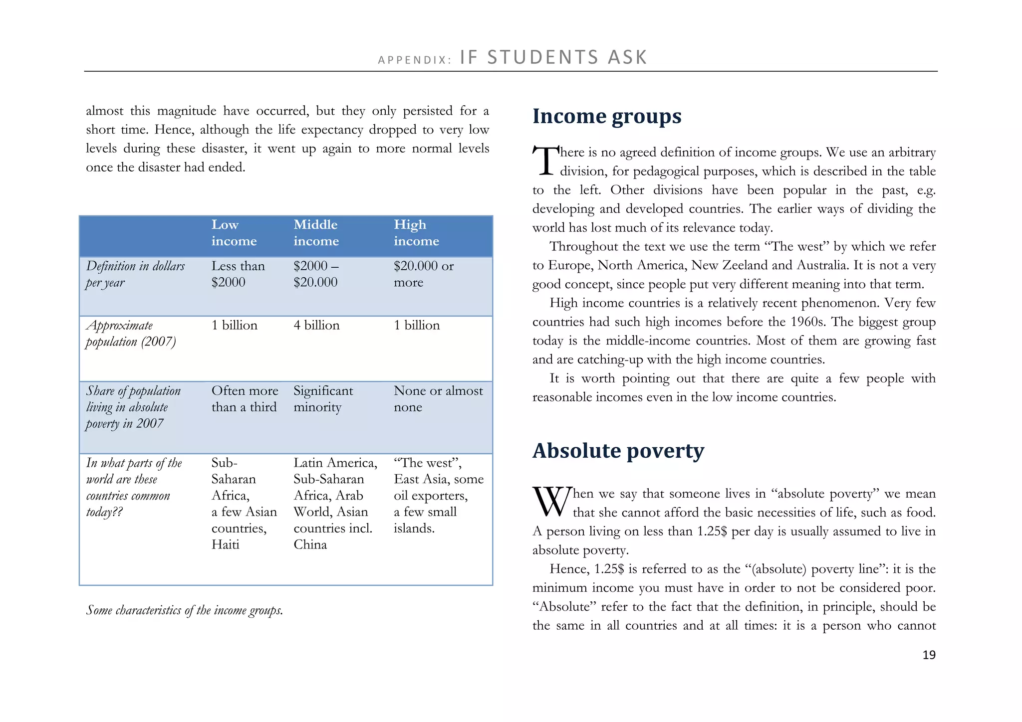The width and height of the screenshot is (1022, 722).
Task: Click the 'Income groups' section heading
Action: [x=606, y=117]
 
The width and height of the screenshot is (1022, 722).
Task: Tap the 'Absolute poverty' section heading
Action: [x=618, y=451]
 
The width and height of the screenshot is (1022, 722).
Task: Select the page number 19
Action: [x=929, y=655]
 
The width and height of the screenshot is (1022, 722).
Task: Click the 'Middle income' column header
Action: [x=316, y=233]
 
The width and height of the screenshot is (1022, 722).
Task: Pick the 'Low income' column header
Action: [x=234, y=233]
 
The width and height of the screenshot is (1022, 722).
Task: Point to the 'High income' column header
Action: [x=416, y=233]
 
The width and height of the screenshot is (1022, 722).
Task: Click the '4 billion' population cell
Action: [x=316, y=326]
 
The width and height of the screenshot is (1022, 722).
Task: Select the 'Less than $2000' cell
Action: [x=238, y=274]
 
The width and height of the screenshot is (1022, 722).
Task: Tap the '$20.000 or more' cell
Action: [x=423, y=274]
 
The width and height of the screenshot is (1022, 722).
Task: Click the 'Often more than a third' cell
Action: [x=245, y=399]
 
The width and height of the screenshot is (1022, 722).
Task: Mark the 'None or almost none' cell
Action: [x=438, y=399]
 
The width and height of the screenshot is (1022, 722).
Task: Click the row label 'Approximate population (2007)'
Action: [x=130, y=334]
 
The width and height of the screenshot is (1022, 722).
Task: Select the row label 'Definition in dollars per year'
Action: [x=135, y=274]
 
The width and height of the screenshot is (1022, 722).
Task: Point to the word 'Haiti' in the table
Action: [x=225, y=544]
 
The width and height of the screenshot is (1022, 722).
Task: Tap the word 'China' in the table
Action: [x=310, y=544]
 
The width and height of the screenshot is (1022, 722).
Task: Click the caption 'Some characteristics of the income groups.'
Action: [x=184, y=610]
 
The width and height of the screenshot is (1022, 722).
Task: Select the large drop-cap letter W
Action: [x=551, y=502]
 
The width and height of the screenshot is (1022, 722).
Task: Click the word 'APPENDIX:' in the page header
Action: [x=414, y=60]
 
